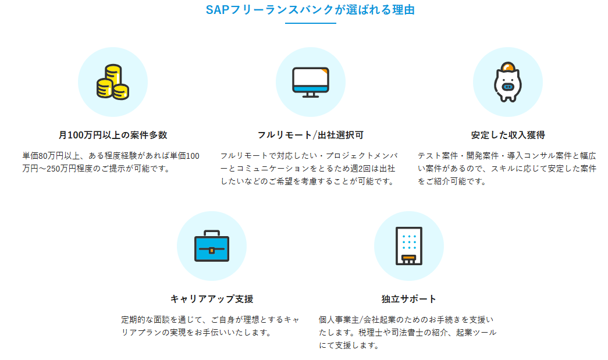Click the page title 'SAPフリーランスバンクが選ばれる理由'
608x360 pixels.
coord(310,10)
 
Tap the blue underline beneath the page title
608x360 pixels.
coord(310,23)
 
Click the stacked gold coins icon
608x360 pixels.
coord(113,82)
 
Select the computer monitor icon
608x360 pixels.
coord(311,82)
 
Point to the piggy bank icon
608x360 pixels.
coord(507,82)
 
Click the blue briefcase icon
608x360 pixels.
coord(212,246)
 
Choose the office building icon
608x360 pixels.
coord(408,246)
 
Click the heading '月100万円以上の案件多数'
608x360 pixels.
coord(113,135)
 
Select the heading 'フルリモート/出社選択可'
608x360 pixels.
coord(311,135)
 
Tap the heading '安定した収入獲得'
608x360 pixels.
coord(508,135)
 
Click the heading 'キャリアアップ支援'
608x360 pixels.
coord(212,299)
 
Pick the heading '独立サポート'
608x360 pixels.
coord(408,299)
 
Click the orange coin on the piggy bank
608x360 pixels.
coord(507,67)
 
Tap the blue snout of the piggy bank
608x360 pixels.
coord(507,87)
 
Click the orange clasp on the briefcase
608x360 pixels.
coord(212,250)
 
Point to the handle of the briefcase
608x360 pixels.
coord(212,233)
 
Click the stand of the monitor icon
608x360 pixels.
coord(311,95)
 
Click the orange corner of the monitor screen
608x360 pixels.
coord(324,72)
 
